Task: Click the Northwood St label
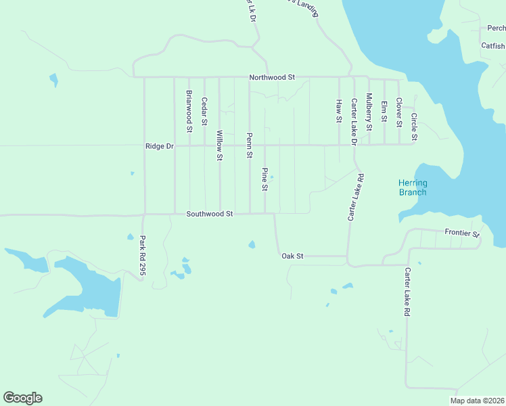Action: click(272, 78)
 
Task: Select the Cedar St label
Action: click(204, 111)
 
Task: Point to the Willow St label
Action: click(219, 145)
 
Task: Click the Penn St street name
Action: click(249, 145)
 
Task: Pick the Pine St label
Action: click(265, 179)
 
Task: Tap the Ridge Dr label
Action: click(160, 146)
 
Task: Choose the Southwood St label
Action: click(210, 214)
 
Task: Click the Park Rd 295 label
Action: click(143, 254)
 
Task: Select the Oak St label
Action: click(292, 256)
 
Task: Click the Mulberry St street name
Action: click(369, 112)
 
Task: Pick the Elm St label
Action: click(384, 110)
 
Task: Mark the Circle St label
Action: click(414, 127)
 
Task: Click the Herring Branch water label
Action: click(412, 187)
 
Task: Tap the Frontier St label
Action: click(462, 233)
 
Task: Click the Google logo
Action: click(22, 398)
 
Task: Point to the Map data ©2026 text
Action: click(477, 401)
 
